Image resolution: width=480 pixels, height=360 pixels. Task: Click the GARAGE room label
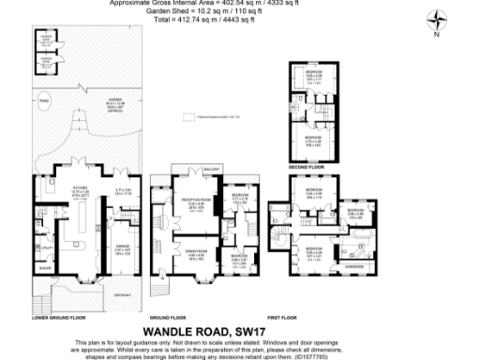point(122,221)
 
